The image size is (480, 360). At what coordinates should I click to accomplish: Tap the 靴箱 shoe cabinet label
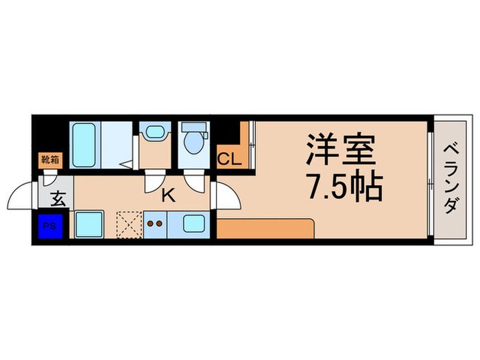pyautogui.click(x=50, y=160)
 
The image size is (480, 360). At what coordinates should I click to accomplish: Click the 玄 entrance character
pyautogui.click(x=58, y=200)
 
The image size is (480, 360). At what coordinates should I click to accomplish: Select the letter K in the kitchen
pyautogui.click(x=168, y=195)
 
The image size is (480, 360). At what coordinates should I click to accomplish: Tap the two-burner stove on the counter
pyautogui.click(x=154, y=224)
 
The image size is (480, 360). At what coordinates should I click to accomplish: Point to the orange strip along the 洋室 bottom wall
pyautogui.click(x=266, y=228)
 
